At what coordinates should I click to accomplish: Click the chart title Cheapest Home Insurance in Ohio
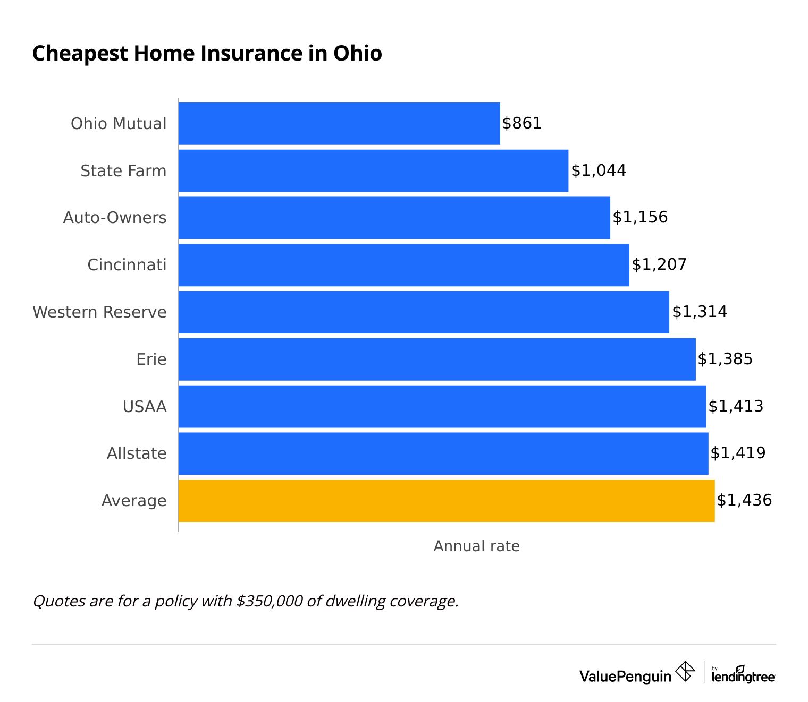coord(207,54)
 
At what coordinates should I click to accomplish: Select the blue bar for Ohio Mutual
coord(339,123)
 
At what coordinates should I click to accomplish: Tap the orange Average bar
coord(447,501)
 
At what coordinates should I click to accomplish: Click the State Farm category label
coord(123,171)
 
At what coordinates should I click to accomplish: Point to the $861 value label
coord(521,123)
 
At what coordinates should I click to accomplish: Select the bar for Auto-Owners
coord(394,218)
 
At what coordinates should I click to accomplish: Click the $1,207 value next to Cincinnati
coord(659,264)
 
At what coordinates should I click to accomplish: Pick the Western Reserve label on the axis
coord(99,312)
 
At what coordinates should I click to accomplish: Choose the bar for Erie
coord(437,359)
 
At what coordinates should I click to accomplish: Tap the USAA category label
coord(145,407)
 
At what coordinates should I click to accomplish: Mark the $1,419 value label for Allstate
coord(738,453)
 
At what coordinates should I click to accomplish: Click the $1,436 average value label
coord(744,500)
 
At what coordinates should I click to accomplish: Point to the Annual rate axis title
coord(476,546)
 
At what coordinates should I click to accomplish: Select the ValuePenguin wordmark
coord(625,677)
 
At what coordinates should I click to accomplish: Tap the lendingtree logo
coord(743,674)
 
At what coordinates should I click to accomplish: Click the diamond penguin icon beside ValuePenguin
coord(685,671)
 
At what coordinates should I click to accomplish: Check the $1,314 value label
coord(700,312)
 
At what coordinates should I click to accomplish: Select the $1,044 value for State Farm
coord(599,170)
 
